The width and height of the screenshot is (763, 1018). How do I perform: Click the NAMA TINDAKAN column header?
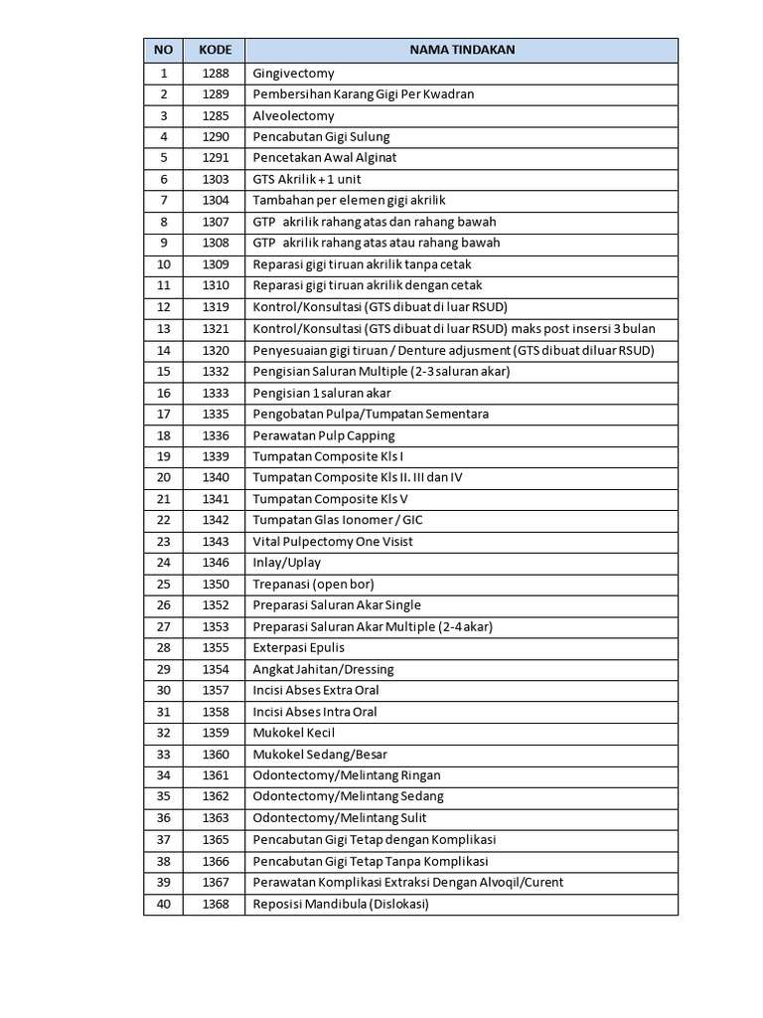pos(462,50)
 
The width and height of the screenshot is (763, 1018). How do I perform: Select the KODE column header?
pos(215,50)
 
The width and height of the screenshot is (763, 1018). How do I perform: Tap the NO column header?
pos(164,50)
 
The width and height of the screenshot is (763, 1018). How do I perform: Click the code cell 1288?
pos(215,74)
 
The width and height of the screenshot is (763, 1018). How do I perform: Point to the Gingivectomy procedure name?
pos(294,74)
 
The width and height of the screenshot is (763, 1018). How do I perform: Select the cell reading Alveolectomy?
pos(294,116)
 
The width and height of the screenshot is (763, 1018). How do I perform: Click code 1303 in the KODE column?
pos(215,180)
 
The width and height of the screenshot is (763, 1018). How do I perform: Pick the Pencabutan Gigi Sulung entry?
pos(321,137)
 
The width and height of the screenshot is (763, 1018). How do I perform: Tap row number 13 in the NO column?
pos(164,329)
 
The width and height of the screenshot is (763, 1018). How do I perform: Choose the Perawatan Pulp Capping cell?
pos(324,435)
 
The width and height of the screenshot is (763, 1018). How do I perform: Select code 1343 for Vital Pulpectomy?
pos(215,542)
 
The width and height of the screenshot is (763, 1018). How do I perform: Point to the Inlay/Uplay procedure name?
pos(287,563)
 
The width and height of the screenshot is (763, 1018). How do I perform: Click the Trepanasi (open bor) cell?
pos(313,585)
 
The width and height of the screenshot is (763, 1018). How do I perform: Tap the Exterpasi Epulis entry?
pos(299,648)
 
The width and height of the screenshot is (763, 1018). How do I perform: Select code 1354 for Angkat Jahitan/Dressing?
pos(215,669)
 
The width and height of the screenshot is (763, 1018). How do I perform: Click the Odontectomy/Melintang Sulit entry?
pos(340,818)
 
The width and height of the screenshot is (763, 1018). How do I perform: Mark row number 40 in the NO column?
pos(164,904)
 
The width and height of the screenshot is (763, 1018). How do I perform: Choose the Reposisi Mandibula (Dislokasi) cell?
pos(341,904)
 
